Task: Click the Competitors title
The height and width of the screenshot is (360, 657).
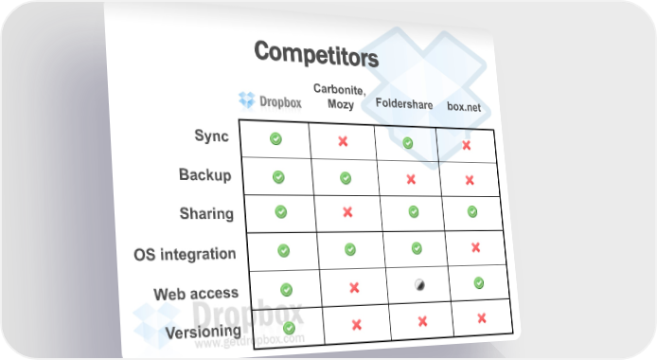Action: [x=316, y=55]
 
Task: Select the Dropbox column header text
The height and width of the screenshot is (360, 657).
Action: [x=280, y=101]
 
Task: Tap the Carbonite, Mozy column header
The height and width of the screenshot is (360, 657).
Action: [x=340, y=97]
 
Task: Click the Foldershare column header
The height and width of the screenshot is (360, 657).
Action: [x=404, y=103]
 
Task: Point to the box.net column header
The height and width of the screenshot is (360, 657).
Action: [x=464, y=106]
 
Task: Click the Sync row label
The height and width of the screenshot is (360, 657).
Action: [x=212, y=135]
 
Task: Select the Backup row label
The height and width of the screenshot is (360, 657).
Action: [x=204, y=174]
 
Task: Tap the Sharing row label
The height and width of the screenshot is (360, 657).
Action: [x=206, y=213]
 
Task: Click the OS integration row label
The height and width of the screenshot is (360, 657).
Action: [x=185, y=254]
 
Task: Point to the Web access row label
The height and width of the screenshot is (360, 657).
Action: [x=196, y=294]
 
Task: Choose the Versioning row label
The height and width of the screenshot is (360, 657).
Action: [x=204, y=332]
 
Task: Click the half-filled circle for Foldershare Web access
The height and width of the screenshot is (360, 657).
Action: [x=419, y=285]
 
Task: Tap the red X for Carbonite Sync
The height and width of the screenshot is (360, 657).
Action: [x=343, y=141]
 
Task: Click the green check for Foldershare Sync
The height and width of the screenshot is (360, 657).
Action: [x=408, y=143]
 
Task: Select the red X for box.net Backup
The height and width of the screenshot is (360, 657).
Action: [x=470, y=180]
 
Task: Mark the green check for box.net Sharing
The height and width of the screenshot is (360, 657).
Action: [x=472, y=211]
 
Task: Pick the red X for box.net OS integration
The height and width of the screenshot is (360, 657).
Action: [x=475, y=247]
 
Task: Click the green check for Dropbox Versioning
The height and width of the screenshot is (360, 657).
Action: [x=289, y=328]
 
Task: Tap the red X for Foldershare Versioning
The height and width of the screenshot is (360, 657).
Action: [x=422, y=321]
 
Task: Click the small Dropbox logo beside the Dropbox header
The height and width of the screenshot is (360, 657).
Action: [x=247, y=99]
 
